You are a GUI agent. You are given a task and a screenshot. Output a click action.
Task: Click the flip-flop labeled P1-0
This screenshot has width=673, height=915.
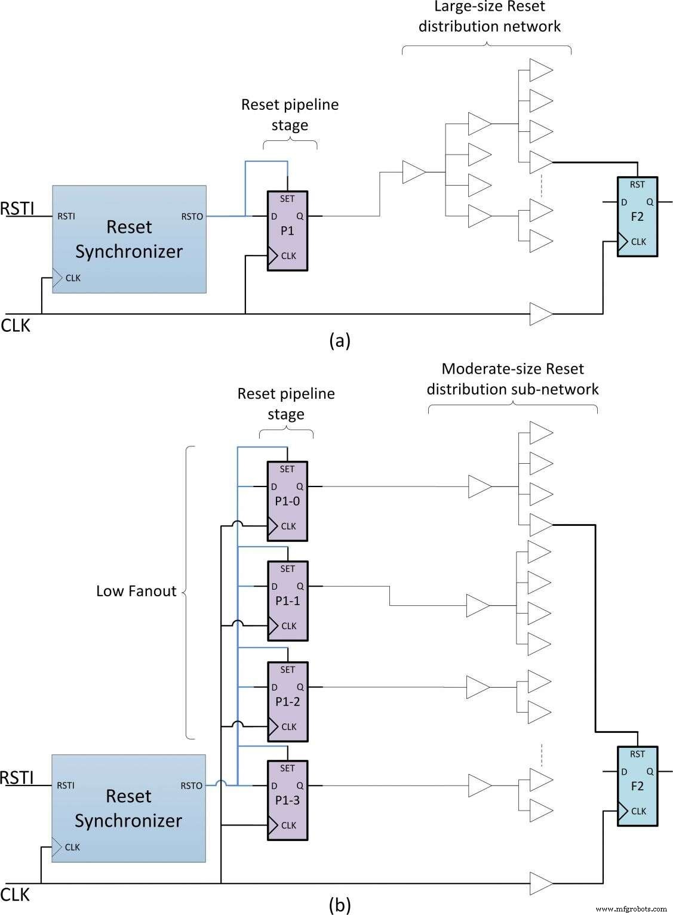pyautogui.click(x=287, y=501)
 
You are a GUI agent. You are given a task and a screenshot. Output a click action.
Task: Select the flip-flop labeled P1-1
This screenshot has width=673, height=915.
pyautogui.click(x=287, y=601)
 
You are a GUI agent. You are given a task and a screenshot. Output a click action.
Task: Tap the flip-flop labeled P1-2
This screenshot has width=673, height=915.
pyautogui.click(x=287, y=702)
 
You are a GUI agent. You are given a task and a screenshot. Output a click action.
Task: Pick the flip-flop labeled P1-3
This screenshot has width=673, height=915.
pyautogui.click(x=287, y=800)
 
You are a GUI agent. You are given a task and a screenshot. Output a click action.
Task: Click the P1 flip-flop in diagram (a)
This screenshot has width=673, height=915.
pyautogui.click(x=287, y=231)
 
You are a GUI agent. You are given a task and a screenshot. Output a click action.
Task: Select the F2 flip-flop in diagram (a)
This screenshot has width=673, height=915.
pyautogui.click(x=637, y=217)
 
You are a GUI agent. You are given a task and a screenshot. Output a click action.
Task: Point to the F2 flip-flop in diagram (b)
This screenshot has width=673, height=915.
pyautogui.click(x=637, y=786)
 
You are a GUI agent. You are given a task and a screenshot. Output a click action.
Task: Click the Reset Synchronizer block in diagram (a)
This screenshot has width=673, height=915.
pyautogui.click(x=129, y=239)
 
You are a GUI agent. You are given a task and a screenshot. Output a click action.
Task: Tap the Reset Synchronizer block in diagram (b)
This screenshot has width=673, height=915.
pyautogui.click(x=128, y=808)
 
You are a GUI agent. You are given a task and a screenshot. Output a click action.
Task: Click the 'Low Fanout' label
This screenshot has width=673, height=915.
pyautogui.click(x=136, y=591)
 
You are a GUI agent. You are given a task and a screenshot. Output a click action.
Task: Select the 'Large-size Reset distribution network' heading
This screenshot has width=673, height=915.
pyautogui.click(x=489, y=17)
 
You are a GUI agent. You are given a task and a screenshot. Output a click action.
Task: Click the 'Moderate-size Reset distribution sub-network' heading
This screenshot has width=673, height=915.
pyautogui.click(x=512, y=379)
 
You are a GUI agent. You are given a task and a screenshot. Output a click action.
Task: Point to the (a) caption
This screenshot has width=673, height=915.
pyautogui.click(x=339, y=340)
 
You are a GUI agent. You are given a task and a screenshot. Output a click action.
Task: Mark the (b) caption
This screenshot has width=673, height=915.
pyautogui.click(x=339, y=905)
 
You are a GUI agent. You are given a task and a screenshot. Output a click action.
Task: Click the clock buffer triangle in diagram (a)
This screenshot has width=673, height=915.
pyautogui.click(x=541, y=314)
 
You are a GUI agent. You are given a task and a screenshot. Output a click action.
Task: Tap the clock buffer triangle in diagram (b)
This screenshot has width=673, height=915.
pyautogui.click(x=541, y=883)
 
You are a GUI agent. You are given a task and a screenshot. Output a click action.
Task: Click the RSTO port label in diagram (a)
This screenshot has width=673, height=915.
pyautogui.click(x=192, y=217)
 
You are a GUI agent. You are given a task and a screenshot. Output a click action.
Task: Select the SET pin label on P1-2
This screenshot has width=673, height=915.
pyautogui.click(x=287, y=670)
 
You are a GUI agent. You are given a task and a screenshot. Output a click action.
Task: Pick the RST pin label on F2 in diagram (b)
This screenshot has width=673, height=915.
pyautogui.click(x=637, y=754)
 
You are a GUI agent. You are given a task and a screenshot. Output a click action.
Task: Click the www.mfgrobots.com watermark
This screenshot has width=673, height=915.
pyautogui.click(x=631, y=908)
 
